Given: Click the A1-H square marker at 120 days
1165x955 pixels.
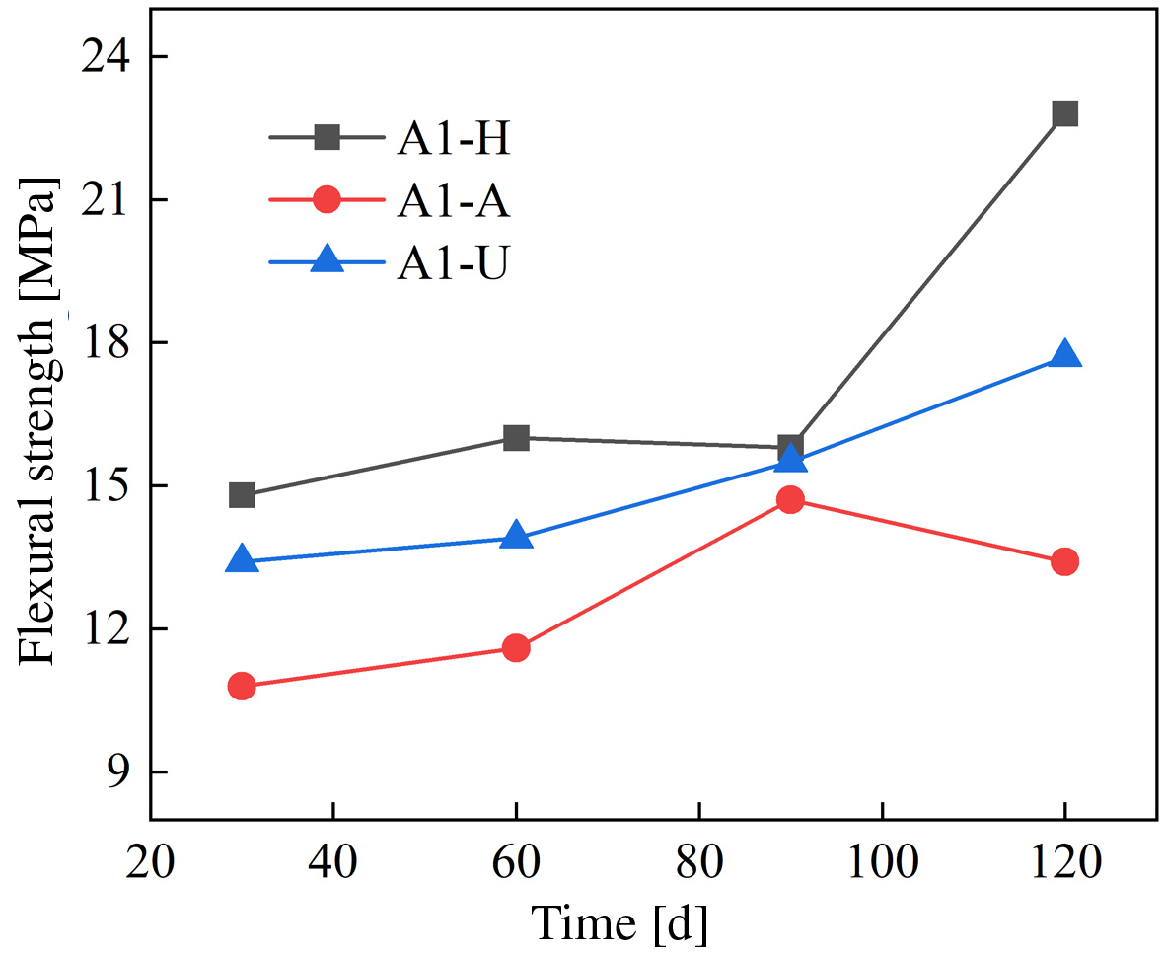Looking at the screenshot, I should [x=1064, y=113].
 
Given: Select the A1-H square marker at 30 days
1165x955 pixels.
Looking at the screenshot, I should [x=242, y=495].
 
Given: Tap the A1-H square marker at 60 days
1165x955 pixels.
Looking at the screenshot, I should [x=516, y=438].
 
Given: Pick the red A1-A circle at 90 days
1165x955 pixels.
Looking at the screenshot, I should [x=790, y=500].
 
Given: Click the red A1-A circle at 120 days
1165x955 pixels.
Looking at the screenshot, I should [x=1064, y=562].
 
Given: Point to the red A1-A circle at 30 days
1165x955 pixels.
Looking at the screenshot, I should [x=242, y=686].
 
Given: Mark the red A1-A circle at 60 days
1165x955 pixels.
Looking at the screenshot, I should [x=516, y=648].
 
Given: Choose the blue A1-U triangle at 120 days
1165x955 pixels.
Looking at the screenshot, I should [x=1064, y=356].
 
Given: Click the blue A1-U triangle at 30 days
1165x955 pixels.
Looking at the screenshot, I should [x=242, y=560].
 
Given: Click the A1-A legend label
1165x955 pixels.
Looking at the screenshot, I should [x=454, y=201].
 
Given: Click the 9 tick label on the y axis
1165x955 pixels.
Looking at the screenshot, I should [x=119, y=772].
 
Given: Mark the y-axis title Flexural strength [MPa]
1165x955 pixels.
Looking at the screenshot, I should [x=39, y=420].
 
